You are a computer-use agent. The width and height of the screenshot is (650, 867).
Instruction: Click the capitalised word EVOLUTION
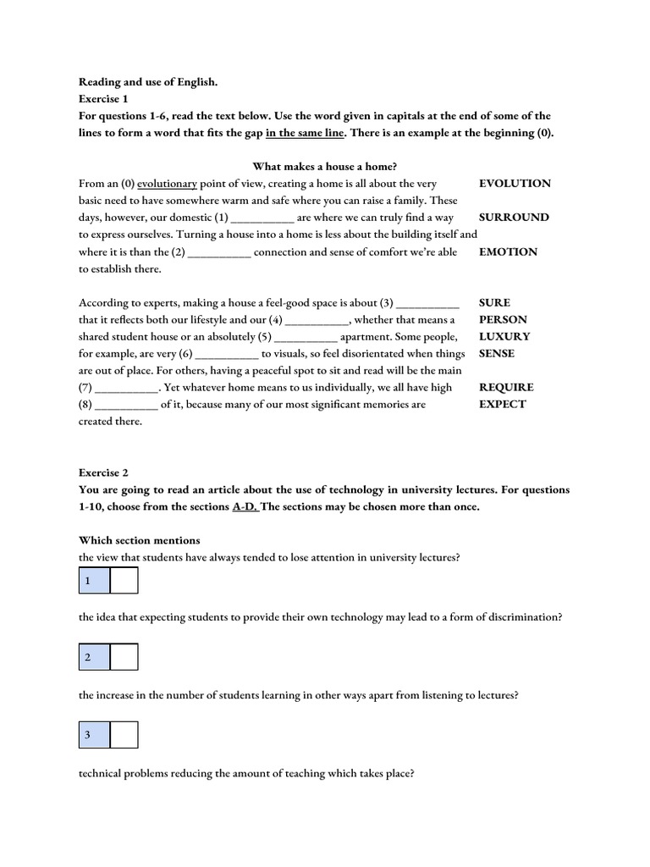515,184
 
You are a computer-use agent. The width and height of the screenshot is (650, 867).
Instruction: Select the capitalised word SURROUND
514,218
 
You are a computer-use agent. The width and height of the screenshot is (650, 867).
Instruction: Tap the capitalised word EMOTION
508,251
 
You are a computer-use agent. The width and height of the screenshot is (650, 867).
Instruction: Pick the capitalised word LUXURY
504,336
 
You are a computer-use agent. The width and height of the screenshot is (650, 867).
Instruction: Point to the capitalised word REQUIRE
506,387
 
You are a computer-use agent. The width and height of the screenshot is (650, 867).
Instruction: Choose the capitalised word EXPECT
502,404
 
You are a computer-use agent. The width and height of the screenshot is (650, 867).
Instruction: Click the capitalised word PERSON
503,319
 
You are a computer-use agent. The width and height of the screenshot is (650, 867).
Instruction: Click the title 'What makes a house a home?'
325,167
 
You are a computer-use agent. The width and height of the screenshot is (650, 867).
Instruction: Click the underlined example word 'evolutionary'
167,184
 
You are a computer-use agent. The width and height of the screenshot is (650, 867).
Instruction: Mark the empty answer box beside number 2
124,657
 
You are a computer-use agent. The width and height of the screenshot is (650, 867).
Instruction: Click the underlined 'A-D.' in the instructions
245,506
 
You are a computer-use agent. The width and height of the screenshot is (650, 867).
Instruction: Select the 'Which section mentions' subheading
140,540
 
